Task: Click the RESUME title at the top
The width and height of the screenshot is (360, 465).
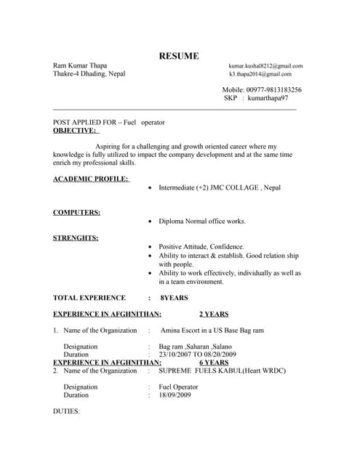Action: [179, 56]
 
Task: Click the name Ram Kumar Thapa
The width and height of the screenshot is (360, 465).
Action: [80, 65]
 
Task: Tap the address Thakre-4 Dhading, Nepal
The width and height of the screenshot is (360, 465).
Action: [89, 74]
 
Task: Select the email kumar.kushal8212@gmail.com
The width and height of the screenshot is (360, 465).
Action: [265, 66]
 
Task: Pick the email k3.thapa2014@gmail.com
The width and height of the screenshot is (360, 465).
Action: [260, 74]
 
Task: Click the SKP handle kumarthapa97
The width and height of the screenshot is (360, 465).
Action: [268, 98]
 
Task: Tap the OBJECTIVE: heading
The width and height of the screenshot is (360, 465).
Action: [75, 131]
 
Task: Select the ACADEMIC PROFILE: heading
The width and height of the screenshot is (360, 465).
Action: [90, 179]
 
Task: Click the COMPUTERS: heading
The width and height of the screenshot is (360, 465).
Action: [76, 212]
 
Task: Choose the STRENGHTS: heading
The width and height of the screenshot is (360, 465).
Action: [76, 238]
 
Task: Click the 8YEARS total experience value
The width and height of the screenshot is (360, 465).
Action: [174, 298]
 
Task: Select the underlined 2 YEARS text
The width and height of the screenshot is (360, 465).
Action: [214, 315]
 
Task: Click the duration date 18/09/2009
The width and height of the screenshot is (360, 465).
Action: [175, 395]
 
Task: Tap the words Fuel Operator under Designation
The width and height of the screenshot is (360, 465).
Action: [178, 387]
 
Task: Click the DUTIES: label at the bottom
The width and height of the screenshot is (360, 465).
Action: [66, 411]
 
